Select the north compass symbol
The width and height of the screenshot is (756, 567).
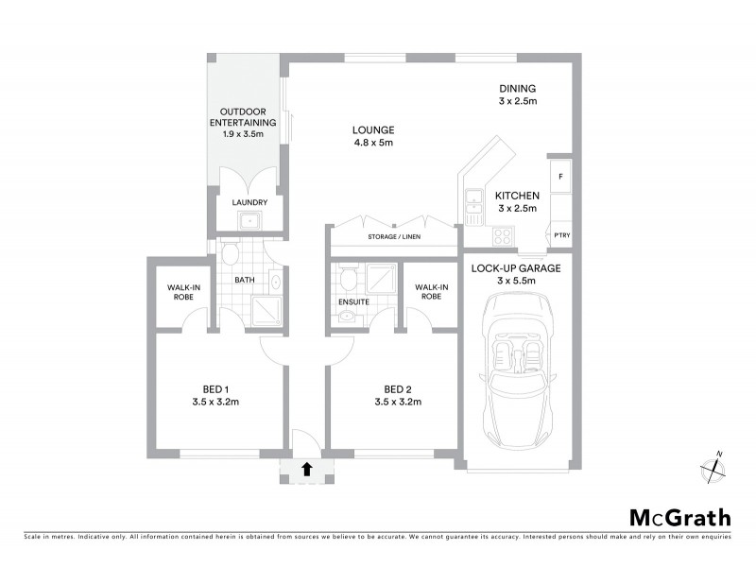click(x=712, y=466)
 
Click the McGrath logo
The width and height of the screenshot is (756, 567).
click(x=680, y=517)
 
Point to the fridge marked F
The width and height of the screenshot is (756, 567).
click(x=560, y=177)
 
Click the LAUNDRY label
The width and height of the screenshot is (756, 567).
click(x=249, y=202)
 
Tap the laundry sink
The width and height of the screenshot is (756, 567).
click(x=249, y=223)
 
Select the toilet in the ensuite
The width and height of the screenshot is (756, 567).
click(x=347, y=279)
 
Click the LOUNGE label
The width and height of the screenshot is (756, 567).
click(x=373, y=129)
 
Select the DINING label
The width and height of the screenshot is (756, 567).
click(x=518, y=88)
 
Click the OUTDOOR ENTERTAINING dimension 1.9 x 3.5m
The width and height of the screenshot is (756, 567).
click(x=244, y=134)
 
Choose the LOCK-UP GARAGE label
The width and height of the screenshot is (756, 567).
click(x=516, y=267)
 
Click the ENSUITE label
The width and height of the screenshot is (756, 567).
click(x=352, y=302)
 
